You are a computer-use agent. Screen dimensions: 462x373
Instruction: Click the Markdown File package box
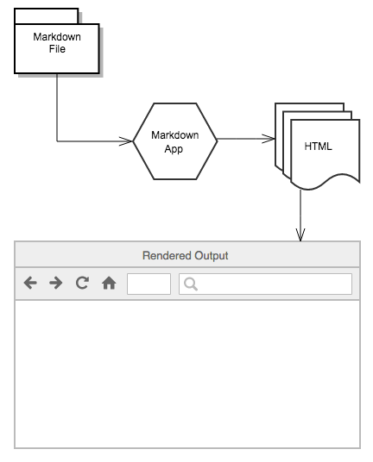coord(56,47)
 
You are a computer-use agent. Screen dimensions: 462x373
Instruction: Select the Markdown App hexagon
coord(175,140)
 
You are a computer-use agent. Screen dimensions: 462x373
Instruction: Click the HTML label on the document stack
coord(318,147)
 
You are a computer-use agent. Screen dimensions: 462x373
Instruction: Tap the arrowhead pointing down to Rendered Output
coord(300,234)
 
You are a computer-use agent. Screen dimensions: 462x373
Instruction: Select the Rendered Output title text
coord(186,256)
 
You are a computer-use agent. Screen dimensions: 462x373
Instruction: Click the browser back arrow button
coord(30,283)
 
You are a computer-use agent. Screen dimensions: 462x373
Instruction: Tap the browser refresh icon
coord(82,283)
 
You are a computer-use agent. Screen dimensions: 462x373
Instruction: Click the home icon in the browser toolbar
coord(109,283)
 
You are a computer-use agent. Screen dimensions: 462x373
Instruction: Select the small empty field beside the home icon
coord(149,284)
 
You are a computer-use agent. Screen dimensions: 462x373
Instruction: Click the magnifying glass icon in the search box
coord(191,284)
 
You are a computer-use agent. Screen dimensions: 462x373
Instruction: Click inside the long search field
coord(272,284)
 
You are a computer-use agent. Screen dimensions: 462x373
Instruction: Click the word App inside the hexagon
coord(174,147)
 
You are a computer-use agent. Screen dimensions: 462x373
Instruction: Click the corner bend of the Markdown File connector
coord(57,140)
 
